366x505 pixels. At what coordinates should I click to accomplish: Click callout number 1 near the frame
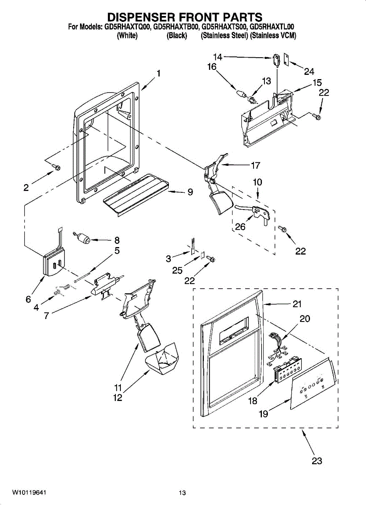158,73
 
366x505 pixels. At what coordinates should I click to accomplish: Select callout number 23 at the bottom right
317,461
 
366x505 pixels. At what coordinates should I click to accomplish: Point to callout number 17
255,165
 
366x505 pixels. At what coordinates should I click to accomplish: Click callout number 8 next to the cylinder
117,240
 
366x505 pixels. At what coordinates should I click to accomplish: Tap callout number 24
309,72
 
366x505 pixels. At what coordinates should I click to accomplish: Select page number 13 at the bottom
182,493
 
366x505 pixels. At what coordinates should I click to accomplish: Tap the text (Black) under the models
177,36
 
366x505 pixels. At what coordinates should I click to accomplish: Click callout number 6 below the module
28,299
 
